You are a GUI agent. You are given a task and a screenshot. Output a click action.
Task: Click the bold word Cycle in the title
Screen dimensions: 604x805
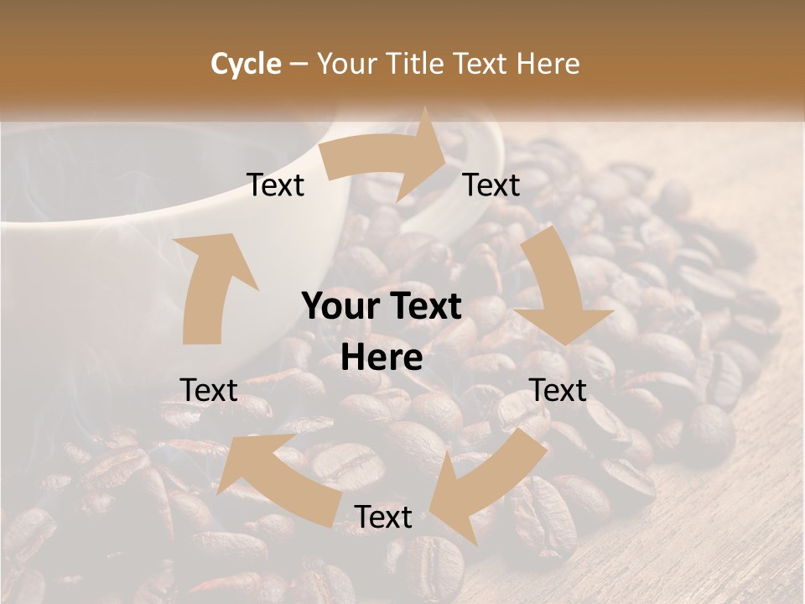click(x=247, y=64)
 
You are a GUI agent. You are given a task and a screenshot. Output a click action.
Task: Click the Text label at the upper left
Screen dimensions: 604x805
click(x=276, y=185)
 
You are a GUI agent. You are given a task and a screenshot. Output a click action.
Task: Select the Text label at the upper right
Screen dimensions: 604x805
click(x=491, y=185)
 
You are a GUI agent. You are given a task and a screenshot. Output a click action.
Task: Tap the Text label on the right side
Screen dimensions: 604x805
click(x=558, y=390)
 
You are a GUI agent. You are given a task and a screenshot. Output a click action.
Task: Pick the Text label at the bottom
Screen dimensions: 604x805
click(x=383, y=518)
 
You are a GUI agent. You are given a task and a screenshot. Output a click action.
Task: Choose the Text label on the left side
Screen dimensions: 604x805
click(x=209, y=390)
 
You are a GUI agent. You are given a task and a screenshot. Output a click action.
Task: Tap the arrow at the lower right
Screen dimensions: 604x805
click(x=486, y=478)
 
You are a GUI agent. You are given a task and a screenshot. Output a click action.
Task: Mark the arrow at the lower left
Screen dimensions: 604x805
click(x=277, y=470)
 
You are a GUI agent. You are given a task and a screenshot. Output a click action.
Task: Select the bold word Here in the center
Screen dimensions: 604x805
click(x=382, y=358)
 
